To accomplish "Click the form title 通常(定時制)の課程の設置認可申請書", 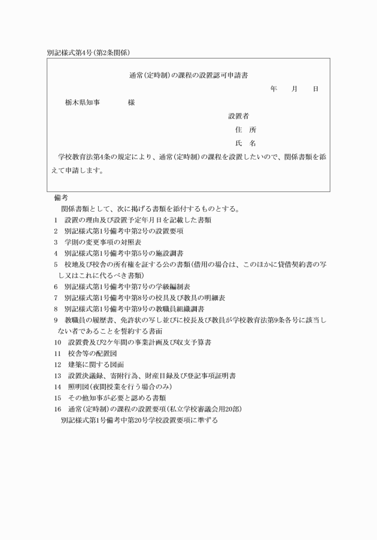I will point(189,75).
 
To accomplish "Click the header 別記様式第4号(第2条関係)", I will point(88,52).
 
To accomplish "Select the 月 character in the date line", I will point(294,89).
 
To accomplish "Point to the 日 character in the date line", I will point(315,89).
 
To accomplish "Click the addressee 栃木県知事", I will point(82,103).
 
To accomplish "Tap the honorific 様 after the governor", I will point(131,103).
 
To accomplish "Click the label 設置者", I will point(239,115).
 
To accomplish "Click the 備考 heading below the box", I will point(61,197).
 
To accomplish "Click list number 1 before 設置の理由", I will point(56,220).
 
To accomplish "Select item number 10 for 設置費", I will point(57,343).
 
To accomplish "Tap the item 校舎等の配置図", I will point(93,354).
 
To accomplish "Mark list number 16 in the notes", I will point(57,409).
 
